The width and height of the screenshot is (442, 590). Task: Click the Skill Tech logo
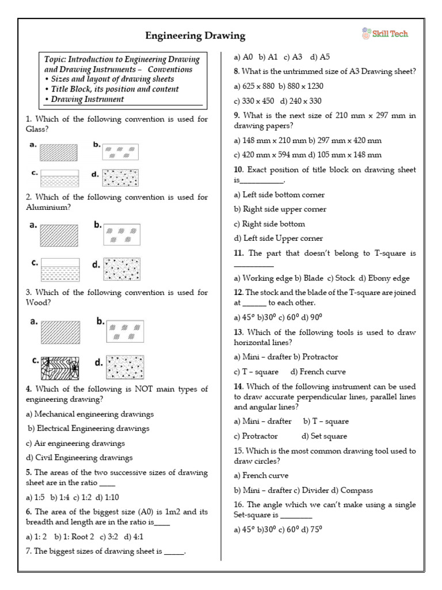pyautogui.click(x=385, y=33)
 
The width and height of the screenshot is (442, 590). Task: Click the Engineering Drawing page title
pyautogui.click(x=195, y=36)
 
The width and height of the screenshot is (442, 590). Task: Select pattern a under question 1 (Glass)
pyautogui.click(x=58, y=152)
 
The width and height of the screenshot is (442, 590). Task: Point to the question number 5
pyautogui.click(x=28, y=472)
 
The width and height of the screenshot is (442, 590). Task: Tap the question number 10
pyautogui.click(x=238, y=170)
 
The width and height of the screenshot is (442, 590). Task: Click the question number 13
pyautogui.click(x=238, y=332)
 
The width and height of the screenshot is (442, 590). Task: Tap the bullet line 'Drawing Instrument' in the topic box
pyautogui.click(x=86, y=99)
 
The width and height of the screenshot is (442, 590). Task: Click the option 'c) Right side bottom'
pyautogui.click(x=269, y=224)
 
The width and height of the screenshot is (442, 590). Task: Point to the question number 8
pyautogui.click(x=236, y=71)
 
